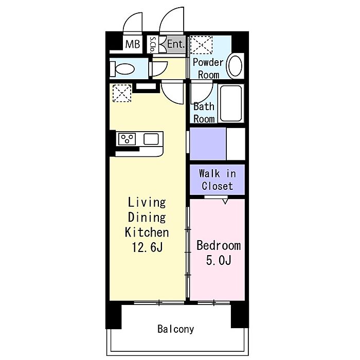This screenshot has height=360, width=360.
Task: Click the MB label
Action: [x=133, y=44]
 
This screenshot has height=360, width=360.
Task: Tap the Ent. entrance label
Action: [x=176, y=44]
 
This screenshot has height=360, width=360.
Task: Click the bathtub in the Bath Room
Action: [x=231, y=103]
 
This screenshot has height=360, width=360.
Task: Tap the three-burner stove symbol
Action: [x=127, y=139]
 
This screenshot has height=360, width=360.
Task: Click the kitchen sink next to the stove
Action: [x=151, y=139]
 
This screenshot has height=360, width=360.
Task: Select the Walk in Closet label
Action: [x=217, y=180]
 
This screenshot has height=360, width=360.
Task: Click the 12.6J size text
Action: [x=148, y=247]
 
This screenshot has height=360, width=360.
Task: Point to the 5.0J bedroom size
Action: [x=219, y=260]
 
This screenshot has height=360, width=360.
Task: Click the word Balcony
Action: [x=176, y=329]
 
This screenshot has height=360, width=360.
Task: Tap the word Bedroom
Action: [x=219, y=245]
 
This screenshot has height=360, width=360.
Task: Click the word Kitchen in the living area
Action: [x=147, y=232]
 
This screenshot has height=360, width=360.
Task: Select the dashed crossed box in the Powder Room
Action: [x=202, y=45]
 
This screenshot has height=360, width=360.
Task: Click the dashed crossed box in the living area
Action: [x=122, y=93]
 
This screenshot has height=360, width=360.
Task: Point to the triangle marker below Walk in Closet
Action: [x=225, y=202]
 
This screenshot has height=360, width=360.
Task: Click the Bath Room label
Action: [x=204, y=113]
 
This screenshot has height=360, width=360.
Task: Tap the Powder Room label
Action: [x=208, y=68]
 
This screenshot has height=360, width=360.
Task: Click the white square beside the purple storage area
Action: [x=236, y=143]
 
